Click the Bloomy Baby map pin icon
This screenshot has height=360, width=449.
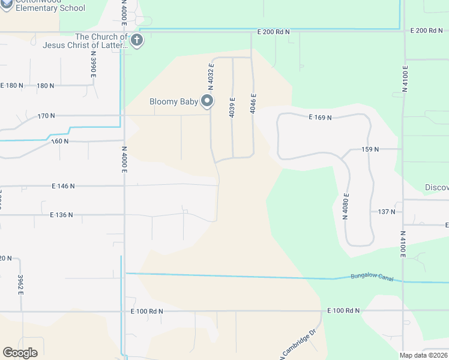[x=207, y=101]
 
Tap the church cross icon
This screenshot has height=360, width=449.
[x=136, y=41]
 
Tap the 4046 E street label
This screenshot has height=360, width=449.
[x=254, y=104]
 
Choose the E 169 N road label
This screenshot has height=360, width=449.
[x=321, y=118]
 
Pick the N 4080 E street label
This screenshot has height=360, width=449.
[x=346, y=206]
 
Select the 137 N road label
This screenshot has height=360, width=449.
[x=387, y=212]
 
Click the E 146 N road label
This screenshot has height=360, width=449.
[x=62, y=186]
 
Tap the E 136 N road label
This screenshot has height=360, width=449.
[x=61, y=214]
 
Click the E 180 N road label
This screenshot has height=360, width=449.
[x=11, y=85]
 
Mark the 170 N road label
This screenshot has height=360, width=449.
[x=46, y=115]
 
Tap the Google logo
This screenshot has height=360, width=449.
[x=20, y=353]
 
